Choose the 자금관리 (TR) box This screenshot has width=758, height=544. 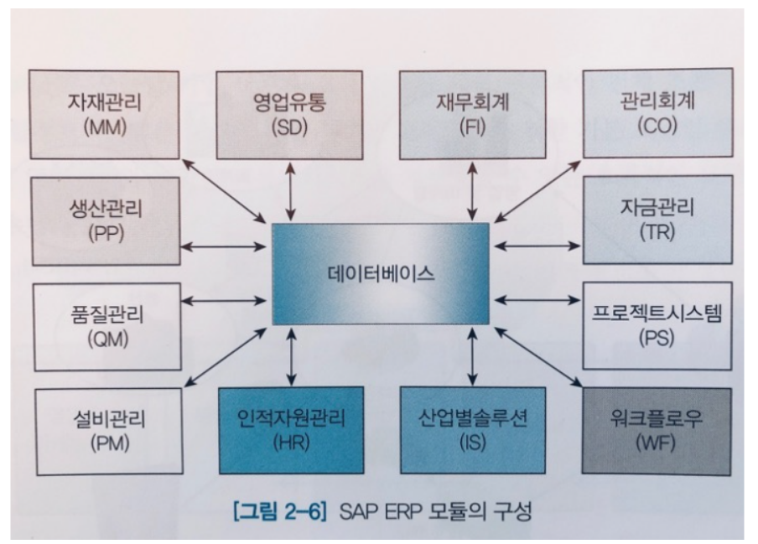point(657,218)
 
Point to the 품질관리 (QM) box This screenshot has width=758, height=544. point(106,325)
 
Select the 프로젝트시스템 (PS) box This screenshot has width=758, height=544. point(657,325)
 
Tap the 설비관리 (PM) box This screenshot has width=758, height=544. point(106,428)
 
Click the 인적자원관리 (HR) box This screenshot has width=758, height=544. point(290,428)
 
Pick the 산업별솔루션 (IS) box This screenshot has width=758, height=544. point(472,428)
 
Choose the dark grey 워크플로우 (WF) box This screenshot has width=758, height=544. point(657,428)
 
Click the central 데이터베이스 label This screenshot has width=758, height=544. point(381,274)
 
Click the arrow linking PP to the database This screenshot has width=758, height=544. point(223,246)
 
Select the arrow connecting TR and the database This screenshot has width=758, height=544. point(537,246)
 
